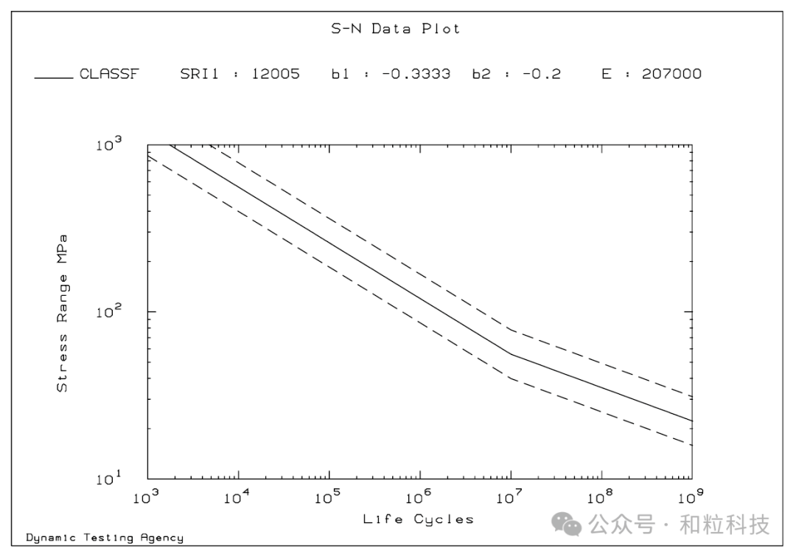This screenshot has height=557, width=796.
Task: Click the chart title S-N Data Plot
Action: click(x=395, y=29)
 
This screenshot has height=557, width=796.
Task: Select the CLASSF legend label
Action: click(x=109, y=74)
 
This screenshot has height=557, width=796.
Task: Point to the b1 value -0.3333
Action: click(x=416, y=74)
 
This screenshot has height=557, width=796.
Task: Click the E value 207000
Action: click(x=671, y=74)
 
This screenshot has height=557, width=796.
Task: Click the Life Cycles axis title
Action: click(x=418, y=519)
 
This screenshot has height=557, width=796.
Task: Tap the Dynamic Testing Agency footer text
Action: click(x=105, y=538)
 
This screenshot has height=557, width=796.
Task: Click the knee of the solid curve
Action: click(x=511, y=354)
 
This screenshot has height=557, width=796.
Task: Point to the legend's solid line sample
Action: click(x=54, y=76)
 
